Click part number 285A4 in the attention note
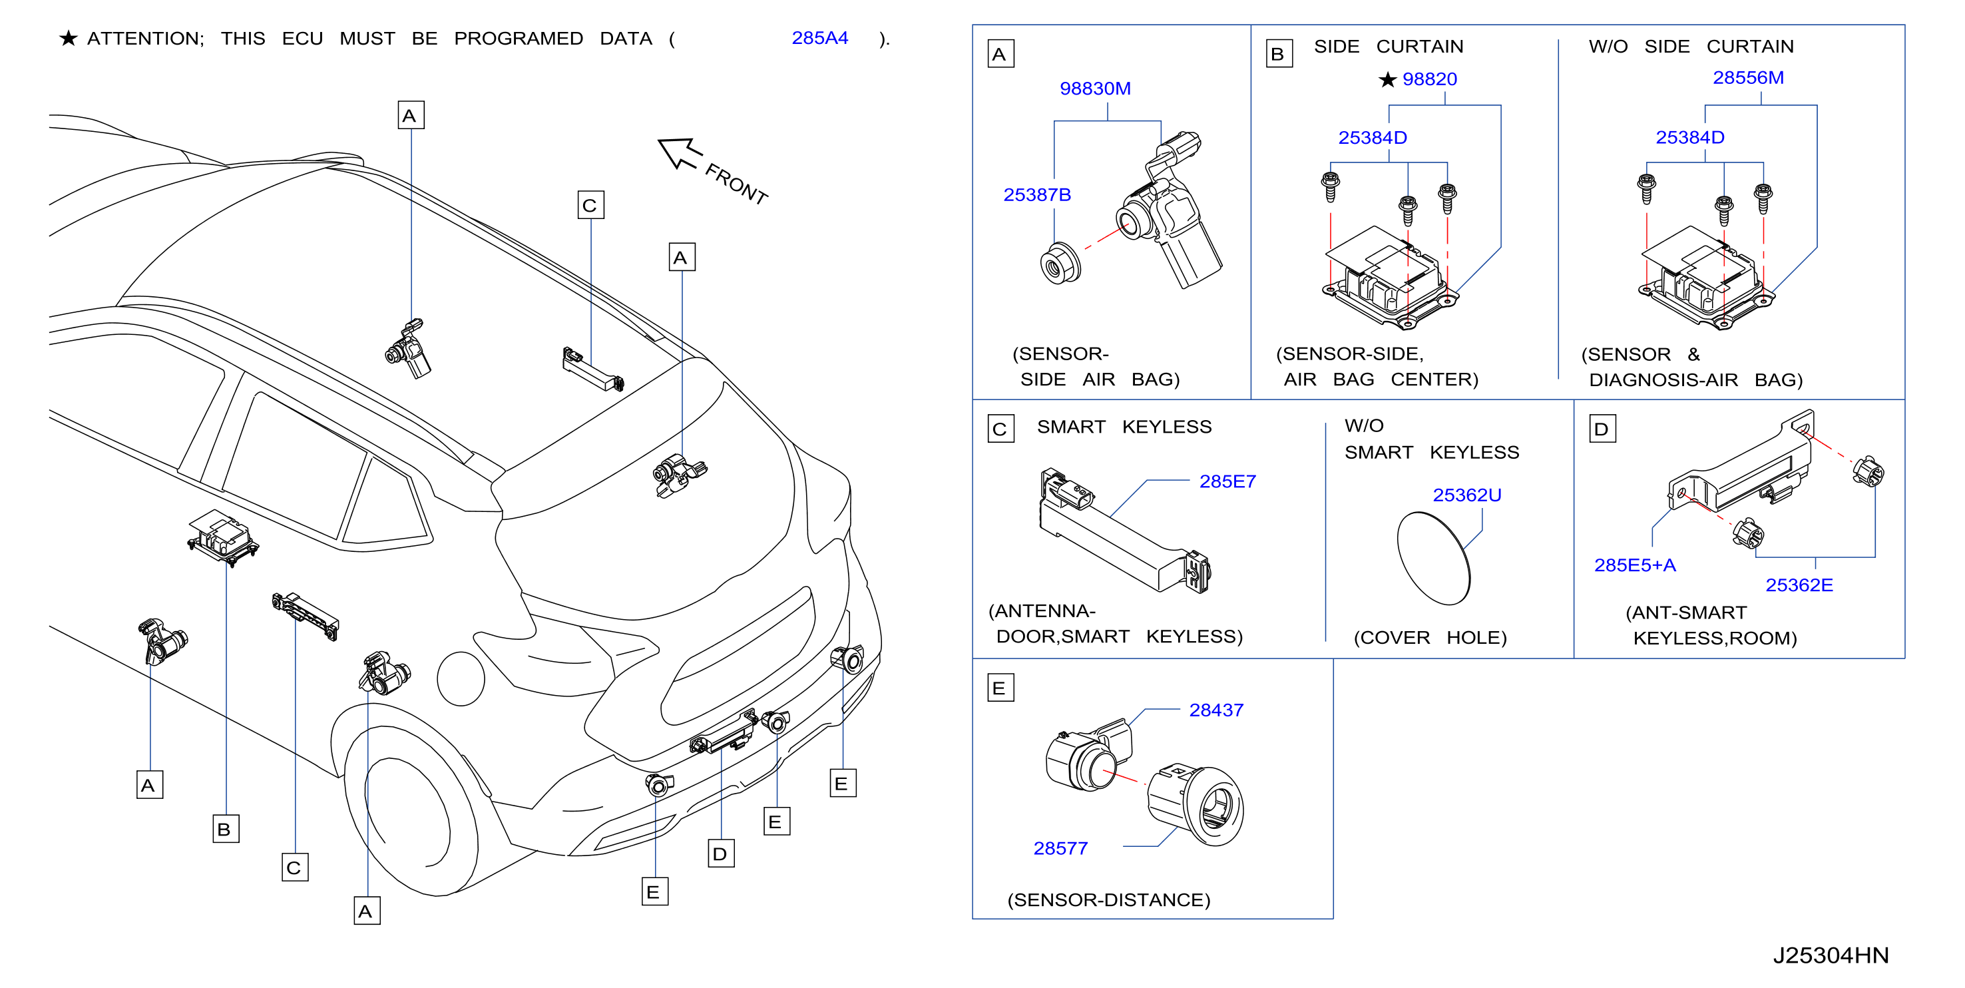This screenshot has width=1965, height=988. pos(819,38)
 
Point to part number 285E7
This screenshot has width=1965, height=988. pos(1227,481)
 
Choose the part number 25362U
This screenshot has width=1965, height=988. pos(1467,495)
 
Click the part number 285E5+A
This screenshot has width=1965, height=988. pos(1635,565)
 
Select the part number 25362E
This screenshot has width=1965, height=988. pos(1799,585)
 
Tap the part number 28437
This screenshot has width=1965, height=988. pos(1216,710)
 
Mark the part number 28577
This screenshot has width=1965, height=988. pos(1060,848)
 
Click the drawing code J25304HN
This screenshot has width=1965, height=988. pos(1830,955)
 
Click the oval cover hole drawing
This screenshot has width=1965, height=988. pos(1433,559)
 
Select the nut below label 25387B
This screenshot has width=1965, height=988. pos(1060,264)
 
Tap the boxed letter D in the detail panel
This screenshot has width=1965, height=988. pos(1602,429)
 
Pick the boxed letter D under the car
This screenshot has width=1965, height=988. pos(721,854)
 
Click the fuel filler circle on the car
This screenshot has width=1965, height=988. pos(461,679)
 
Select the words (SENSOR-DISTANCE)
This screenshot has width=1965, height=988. pos(1108,900)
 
